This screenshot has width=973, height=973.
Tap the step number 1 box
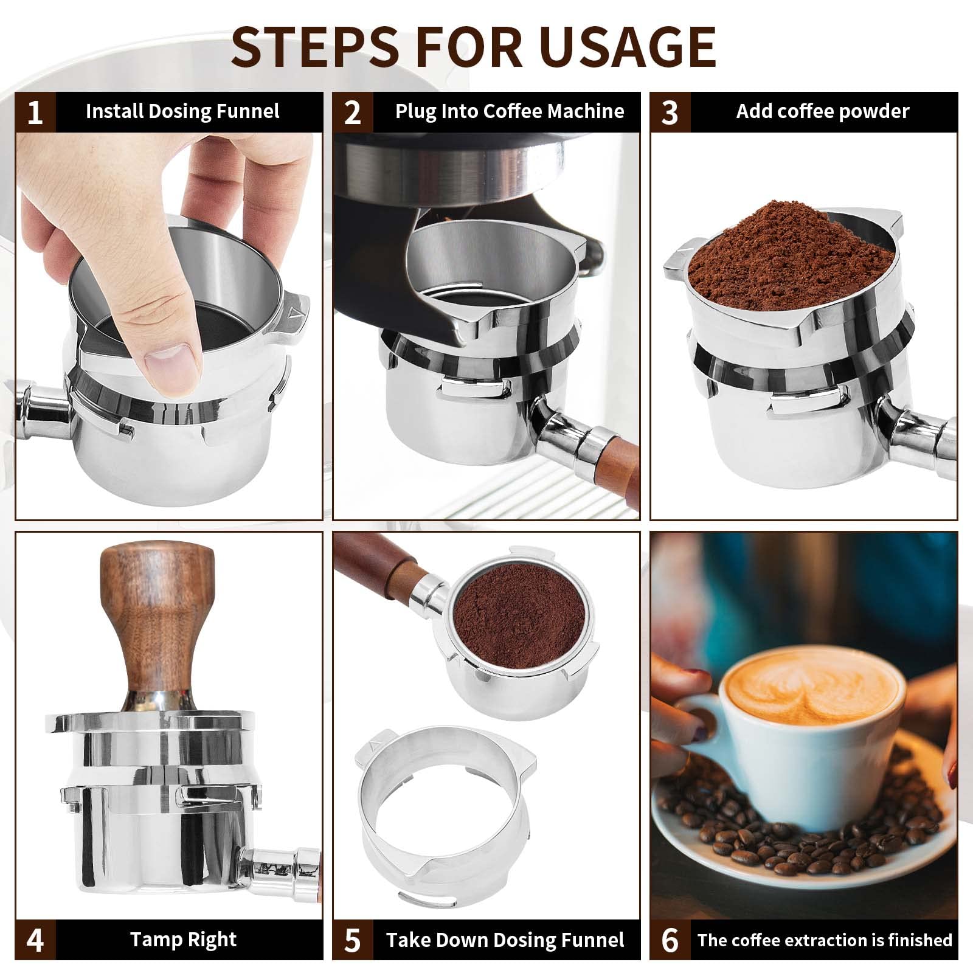[x=35, y=112]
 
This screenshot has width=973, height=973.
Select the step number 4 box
[x=35, y=940]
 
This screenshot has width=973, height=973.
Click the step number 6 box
[x=670, y=940]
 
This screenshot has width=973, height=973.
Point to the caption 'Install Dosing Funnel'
[x=182, y=111]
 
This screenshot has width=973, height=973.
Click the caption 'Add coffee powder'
[x=822, y=111]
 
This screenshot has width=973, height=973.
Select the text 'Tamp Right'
[x=183, y=939]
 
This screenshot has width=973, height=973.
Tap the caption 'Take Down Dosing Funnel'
[x=505, y=940]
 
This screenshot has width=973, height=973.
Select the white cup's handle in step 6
[x=699, y=724]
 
